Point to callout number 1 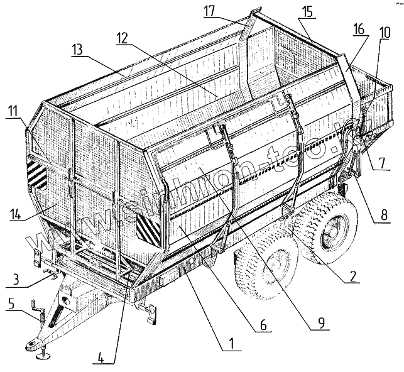[231, 344]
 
